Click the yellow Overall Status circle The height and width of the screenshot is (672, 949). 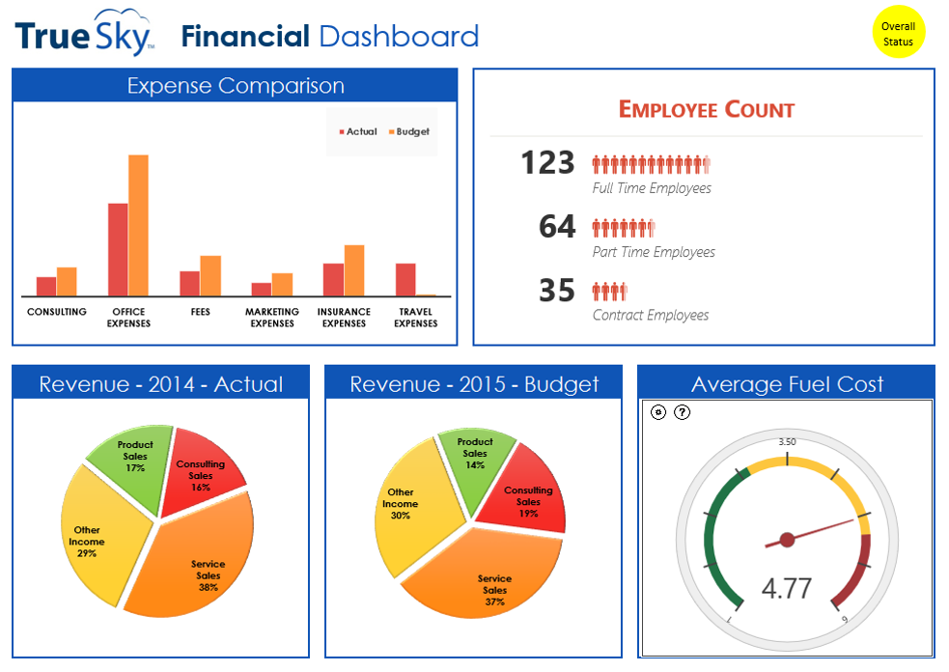tap(898, 34)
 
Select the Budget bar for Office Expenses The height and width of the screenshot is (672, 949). tap(138, 225)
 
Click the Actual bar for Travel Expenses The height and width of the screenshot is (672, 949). tap(405, 279)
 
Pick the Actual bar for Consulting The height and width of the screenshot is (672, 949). tap(46, 286)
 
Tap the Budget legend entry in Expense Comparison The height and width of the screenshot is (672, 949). tap(408, 131)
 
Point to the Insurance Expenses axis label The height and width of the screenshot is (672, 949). tap(344, 318)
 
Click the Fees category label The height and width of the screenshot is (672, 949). tap(200, 312)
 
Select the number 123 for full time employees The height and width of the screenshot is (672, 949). tap(547, 163)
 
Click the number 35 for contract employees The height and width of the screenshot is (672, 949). tap(557, 291)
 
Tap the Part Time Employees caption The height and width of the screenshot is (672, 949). tap(654, 252)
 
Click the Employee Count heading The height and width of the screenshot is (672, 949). tap(706, 110)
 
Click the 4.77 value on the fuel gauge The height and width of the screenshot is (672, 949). tap(786, 588)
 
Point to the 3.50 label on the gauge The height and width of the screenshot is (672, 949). tap(787, 442)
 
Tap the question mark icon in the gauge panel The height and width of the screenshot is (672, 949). tap(682, 412)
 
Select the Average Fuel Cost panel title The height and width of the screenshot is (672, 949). tap(787, 384)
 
